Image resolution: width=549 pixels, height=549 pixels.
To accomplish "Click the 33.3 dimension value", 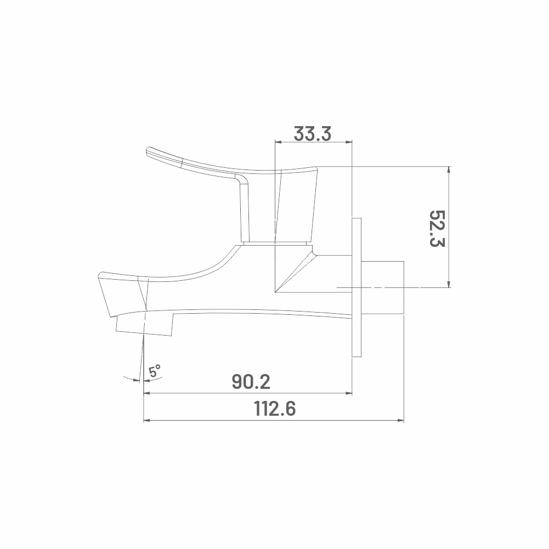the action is pos(312,134).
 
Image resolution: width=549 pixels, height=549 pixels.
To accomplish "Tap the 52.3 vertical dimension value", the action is pos(437,229).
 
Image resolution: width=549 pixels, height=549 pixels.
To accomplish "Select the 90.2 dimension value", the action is pos(251,382).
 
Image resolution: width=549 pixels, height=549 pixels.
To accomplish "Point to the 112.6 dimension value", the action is pos(275,409).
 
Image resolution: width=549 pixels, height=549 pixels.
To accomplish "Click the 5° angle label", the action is pos(155,371).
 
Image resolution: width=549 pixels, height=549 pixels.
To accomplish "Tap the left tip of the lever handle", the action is pos(146,151).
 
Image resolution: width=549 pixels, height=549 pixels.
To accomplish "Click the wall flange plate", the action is pos(356,287).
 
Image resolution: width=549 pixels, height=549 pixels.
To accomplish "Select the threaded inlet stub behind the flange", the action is pos(382,287).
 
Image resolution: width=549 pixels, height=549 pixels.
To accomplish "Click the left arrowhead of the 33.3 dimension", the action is pos(278,142).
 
